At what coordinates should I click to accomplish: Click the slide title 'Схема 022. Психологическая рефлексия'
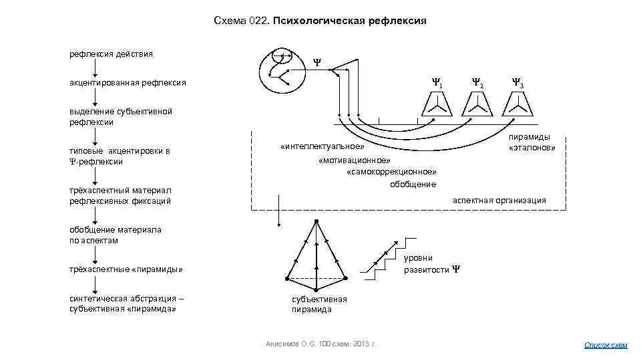320,21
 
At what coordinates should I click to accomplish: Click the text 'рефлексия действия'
111,53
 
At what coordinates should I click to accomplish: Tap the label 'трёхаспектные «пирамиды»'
126,269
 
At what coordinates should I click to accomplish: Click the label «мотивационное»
355,160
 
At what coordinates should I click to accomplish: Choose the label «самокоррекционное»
392,172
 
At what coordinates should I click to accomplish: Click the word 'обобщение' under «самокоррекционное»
413,184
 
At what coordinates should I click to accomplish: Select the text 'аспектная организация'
499,200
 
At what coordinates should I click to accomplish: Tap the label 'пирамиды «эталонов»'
532,142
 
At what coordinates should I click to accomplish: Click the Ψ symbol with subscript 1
437,84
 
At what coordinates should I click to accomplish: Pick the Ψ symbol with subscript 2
477,84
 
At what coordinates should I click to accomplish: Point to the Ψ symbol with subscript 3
517,84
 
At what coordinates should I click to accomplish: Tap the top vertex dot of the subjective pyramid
316,221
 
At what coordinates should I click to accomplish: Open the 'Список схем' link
606,345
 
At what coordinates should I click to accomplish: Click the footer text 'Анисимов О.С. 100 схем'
320,344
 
